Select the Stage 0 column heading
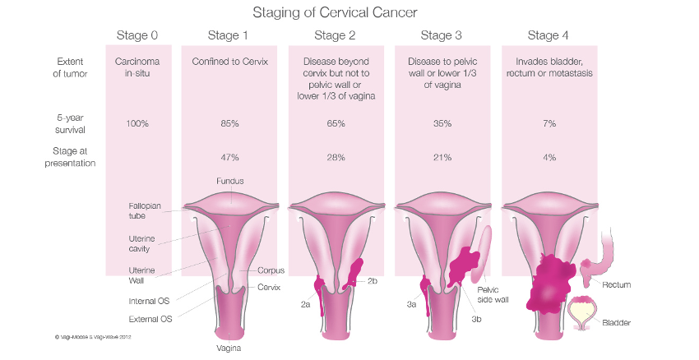137,35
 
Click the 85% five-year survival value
229,123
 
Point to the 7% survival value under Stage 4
549,123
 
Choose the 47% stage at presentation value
229,157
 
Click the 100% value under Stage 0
137,123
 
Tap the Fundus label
230,181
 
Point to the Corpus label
271,270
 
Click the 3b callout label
476,318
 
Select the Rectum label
616,284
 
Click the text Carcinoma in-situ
137,67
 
